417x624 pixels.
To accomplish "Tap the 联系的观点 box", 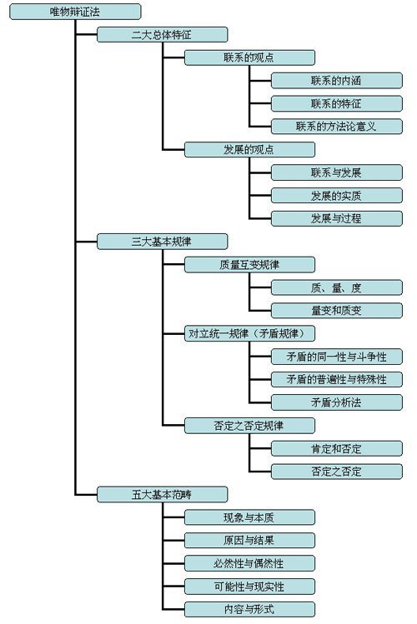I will pos(249,58).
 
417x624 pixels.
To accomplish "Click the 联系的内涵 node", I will pos(336,81).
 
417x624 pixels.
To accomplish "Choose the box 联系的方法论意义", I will pos(336,127).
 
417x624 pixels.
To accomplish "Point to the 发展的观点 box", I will pos(249,150).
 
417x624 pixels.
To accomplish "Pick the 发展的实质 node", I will pos(336,196).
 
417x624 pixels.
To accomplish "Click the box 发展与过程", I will pos(336,218).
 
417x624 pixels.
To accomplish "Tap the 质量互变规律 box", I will pos(249,265).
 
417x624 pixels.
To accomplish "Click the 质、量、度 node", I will pos(336,287).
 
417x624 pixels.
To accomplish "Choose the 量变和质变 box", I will pos(336,310).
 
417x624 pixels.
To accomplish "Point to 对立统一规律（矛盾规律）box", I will pos(250,333).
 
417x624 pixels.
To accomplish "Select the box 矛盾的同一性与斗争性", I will pos(336,357).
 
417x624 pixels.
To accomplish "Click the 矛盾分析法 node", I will pos(336,402).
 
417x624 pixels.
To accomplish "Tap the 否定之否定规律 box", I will pos(249,425).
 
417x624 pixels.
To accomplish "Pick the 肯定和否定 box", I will pos(336,448).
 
